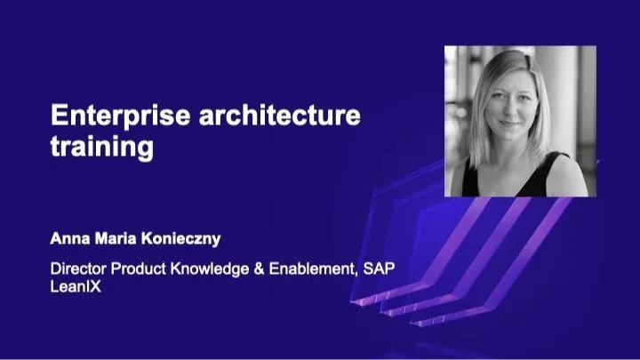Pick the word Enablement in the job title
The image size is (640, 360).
312,268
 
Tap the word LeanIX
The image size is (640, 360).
74,286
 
